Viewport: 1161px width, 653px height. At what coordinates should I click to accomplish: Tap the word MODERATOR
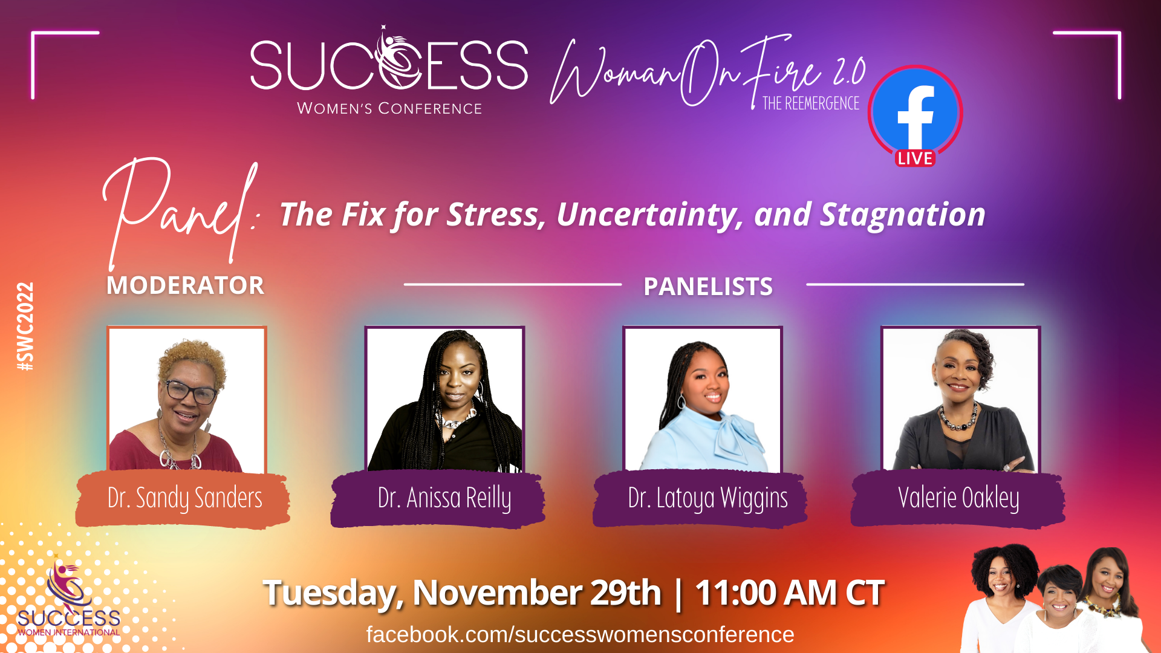pos(185,285)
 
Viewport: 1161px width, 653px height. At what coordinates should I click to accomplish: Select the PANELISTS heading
pos(708,287)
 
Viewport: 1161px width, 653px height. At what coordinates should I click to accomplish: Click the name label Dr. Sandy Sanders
pos(184,498)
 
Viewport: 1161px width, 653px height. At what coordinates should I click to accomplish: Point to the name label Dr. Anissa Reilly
pos(444,498)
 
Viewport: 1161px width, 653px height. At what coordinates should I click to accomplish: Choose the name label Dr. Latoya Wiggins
pos(707,498)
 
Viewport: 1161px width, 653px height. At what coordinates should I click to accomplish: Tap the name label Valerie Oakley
pos(958,498)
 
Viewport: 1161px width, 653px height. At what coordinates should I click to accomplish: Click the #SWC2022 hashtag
pos(25,326)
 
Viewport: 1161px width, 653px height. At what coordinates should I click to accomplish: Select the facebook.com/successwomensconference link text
pos(580,635)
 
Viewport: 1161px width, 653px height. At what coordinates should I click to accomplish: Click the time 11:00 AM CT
pos(790,593)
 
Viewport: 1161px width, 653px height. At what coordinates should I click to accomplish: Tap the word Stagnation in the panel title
pos(902,215)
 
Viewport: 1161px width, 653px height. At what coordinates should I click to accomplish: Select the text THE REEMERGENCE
pos(811,103)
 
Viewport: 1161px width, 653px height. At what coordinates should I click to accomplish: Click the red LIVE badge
pos(915,158)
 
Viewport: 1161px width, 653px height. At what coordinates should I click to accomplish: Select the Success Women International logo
pos(68,599)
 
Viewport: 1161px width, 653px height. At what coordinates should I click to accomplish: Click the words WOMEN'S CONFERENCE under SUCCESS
pos(389,109)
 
